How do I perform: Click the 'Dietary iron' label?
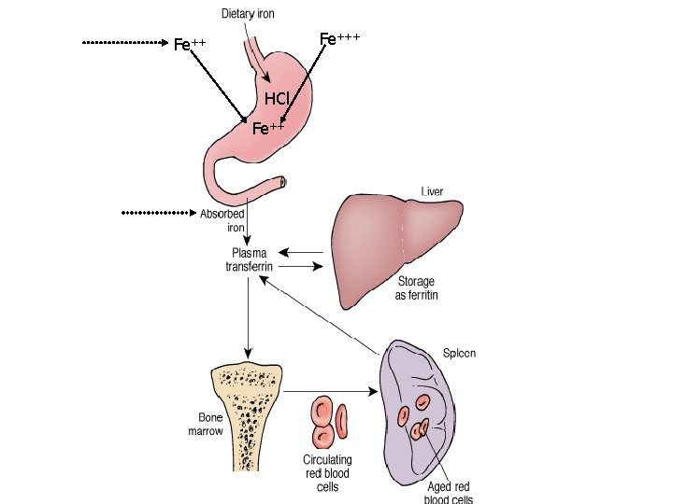pyautogui.click(x=248, y=14)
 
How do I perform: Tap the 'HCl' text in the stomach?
pyautogui.click(x=277, y=99)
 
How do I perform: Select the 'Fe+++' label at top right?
pyautogui.click(x=339, y=38)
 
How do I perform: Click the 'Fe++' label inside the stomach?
pyautogui.click(x=268, y=129)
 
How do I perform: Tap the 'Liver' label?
pyautogui.click(x=432, y=191)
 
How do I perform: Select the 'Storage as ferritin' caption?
pyautogui.click(x=416, y=287)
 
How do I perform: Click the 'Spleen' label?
pyautogui.click(x=459, y=354)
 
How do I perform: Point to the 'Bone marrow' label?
pyautogui.click(x=206, y=425)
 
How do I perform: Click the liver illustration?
pyautogui.click(x=393, y=243)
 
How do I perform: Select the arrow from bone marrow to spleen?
pyautogui.click(x=331, y=389)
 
